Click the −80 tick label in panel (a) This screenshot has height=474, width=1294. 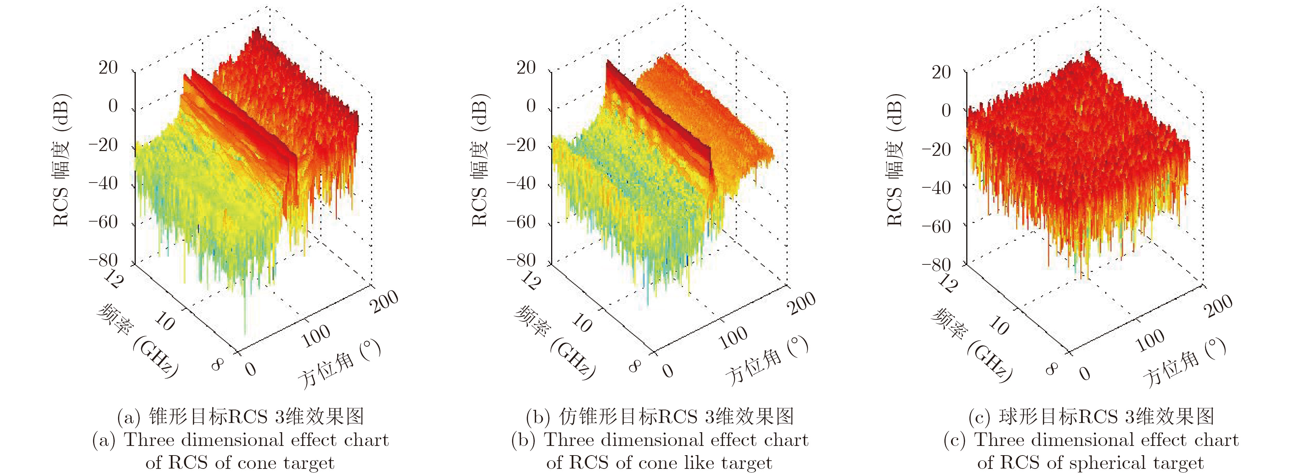point(103,260)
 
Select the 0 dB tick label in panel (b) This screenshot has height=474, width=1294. point(531,106)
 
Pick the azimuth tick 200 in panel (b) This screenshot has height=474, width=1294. point(802,303)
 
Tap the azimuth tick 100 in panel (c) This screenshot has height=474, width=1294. point(1150,341)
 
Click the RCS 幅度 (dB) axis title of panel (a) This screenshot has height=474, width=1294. point(61,160)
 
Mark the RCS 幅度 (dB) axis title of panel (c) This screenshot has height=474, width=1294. point(895,160)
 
